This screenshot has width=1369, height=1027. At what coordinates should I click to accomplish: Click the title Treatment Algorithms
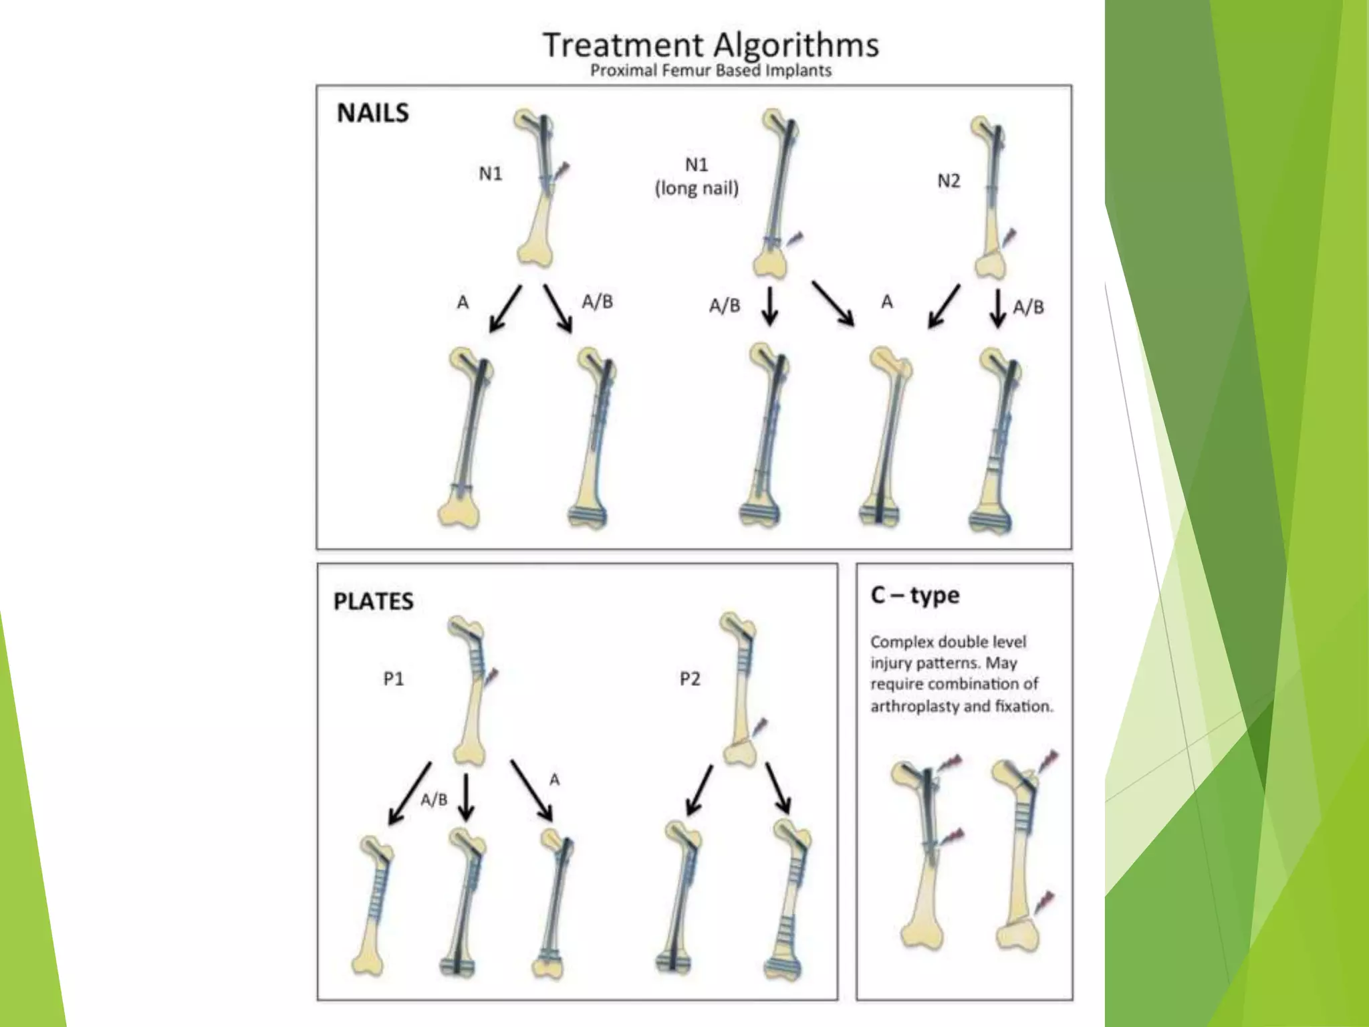[711, 45]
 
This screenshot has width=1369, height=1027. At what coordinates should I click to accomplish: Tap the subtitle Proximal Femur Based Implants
[711, 71]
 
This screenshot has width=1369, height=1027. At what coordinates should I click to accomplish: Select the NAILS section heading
[372, 113]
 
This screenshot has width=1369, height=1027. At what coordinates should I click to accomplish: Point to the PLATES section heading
[373, 601]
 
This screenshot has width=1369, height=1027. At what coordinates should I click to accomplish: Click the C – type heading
[915, 594]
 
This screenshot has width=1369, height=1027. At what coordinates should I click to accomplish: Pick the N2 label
[949, 181]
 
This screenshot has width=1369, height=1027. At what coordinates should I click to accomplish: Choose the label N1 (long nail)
[697, 177]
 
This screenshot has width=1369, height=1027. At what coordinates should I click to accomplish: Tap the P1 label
[394, 679]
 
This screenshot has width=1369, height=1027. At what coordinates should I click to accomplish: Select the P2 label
[690, 679]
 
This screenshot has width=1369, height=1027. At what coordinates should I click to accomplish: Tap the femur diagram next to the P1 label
[472, 689]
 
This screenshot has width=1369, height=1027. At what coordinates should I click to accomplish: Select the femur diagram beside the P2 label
[741, 689]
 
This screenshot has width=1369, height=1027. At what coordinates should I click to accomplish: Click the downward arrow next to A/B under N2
[997, 308]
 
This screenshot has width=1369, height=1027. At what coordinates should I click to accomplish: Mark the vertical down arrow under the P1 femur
[466, 797]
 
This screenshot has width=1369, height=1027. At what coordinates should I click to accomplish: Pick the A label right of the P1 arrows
[554, 780]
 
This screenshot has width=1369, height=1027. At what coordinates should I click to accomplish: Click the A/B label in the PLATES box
[434, 799]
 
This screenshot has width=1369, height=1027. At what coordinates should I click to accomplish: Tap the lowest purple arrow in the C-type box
[1044, 902]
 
